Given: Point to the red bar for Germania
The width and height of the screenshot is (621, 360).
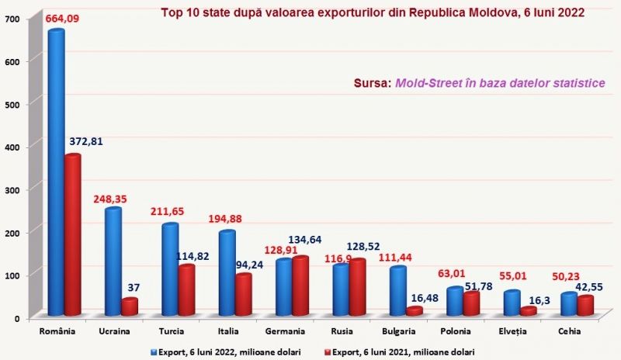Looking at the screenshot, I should click(x=300, y=287).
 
